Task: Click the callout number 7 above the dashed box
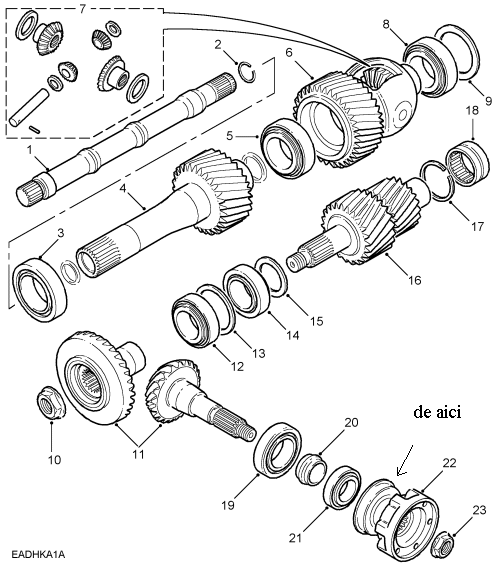tap(83, 9)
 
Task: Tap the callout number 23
tap(480, 509)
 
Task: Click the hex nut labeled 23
tap(442, 546)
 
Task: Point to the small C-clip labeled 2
tap(247, 71)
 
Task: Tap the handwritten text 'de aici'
tap(437, 412)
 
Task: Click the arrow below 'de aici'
tap(405, 460)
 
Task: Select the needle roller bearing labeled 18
tap(467, 161)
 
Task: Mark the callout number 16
tap(414, 280)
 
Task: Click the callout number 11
tap(138, 454)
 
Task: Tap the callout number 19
tap(228, 505)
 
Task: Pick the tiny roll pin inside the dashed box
tap(34, 128)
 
